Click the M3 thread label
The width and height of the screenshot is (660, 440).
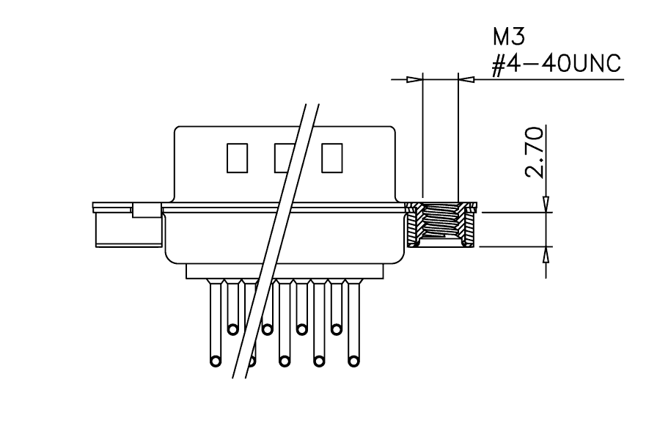509,37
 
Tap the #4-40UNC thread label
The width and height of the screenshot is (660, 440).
557,65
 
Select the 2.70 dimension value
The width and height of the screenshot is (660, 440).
534,152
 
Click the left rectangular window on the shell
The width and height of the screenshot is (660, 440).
237,158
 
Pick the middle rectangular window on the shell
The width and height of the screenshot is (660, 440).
285,158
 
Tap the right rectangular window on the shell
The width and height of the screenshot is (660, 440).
331,158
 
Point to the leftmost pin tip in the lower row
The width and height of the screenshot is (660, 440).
216,361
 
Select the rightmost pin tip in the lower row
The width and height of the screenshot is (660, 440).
353,361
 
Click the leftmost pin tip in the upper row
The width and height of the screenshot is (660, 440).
232,329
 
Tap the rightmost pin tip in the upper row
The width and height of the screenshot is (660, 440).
336,329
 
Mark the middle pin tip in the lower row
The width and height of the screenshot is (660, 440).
285,361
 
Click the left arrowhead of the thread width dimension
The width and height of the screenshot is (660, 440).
414,79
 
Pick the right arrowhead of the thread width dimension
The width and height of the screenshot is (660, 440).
466,79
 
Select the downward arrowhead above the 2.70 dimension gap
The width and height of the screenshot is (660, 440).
546,204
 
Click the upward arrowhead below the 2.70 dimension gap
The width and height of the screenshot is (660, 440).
546,254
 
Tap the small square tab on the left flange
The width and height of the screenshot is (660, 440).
147,210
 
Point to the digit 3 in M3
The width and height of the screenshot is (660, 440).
519,37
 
